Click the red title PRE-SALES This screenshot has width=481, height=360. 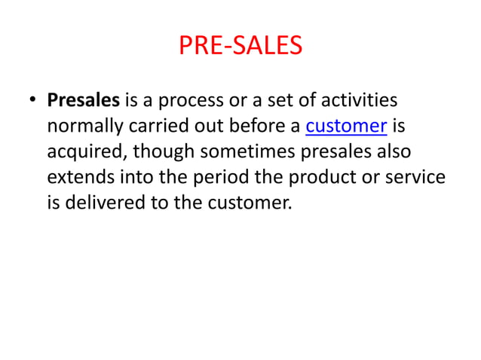pyautogui.click(x=240, y=47)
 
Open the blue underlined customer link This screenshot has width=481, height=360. pyautogui.click(x=346, y=126)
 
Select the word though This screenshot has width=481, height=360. pyautogui.click(x=163, y=151)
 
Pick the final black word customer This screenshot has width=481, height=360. pyautogui.click(x=251, y=203)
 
